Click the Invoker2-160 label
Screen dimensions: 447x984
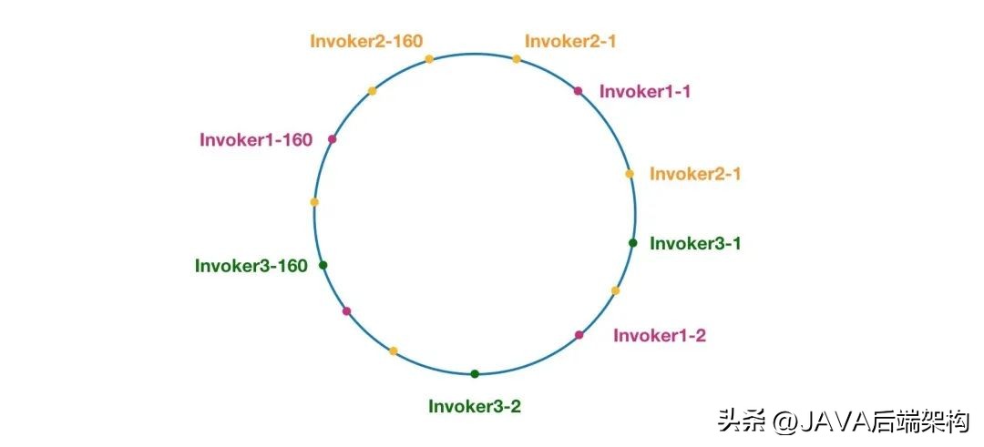(366, 41)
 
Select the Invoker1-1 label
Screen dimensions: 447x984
(644, 91)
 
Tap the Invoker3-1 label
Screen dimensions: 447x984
(695, 243)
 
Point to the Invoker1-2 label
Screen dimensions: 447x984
(660, 335)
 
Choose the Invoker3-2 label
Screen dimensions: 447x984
(475, 406)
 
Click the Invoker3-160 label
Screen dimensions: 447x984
(251, 266)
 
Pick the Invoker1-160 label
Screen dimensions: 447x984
(256, 140)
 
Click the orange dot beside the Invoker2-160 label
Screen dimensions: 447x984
(429, 59)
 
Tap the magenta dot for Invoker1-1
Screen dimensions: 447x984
(578, 91)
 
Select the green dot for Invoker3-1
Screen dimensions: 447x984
(632, 242)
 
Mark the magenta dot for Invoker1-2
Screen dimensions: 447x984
(579, 335)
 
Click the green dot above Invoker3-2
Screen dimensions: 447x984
(475, 373)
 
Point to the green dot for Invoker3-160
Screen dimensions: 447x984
(323, 265)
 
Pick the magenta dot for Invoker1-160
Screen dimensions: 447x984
(333, 139)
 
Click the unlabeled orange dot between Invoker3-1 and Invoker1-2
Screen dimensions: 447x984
(616, 290)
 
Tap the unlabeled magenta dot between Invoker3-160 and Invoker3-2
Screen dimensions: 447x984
(346, 311)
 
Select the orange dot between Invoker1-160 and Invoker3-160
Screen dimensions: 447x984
(314, 202)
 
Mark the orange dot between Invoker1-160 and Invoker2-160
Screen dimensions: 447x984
(372, 91)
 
